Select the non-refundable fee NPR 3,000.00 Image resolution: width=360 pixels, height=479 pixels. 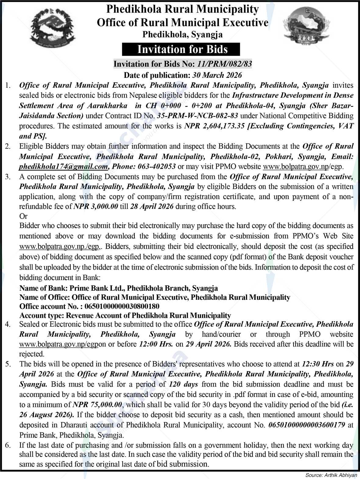click(96, 206)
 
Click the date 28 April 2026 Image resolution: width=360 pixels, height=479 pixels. click(152, 206)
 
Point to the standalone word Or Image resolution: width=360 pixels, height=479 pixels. click(23, 216)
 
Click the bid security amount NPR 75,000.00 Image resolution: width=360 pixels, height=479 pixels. click(98, 404)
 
